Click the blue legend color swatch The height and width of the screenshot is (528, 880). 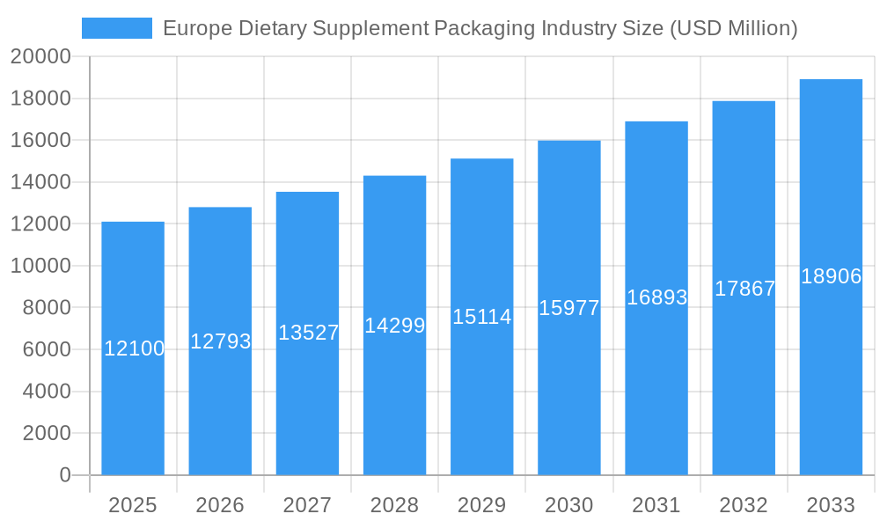[117, 28]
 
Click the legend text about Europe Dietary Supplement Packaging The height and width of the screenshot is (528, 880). [480, 28]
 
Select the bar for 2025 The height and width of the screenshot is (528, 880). [133, 396]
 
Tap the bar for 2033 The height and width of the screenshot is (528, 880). [831, 352]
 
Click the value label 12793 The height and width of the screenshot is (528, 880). [221, 341]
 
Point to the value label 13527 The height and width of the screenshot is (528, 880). [308, 333]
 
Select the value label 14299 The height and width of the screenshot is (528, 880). [395, 326]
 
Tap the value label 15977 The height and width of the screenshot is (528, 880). [569, 308]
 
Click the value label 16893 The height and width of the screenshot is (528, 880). [656, 297]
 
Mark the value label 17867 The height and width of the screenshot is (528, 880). [744, 289]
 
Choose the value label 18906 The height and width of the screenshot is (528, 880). [831, 276]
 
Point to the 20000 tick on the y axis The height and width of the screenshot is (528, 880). [40, 57]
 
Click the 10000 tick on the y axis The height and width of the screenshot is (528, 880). [40, 266]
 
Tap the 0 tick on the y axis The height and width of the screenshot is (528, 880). [64, 475]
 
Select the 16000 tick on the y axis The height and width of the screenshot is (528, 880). [40, 141]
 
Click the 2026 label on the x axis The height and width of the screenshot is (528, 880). [220, 505]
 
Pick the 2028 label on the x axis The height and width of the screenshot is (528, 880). [394, 505]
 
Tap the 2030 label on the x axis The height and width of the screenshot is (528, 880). [569, 505]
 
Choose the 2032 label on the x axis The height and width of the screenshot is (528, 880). [744, 505]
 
